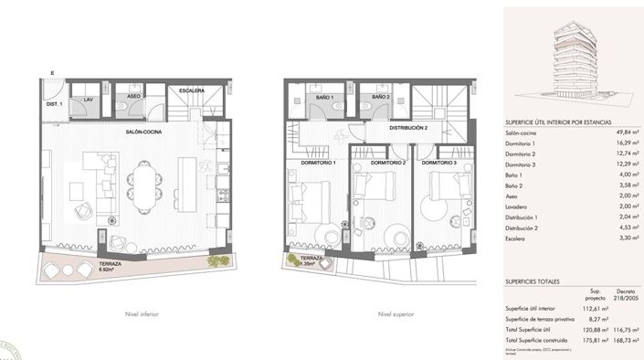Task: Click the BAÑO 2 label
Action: coord(381,97)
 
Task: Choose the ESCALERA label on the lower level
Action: coord(191,90)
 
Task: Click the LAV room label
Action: coord(90,98)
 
